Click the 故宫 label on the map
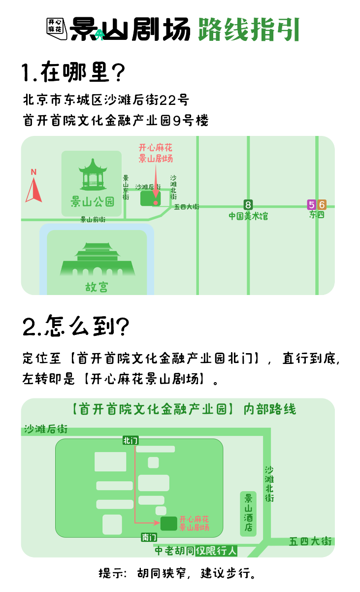point(97,287)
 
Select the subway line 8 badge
point(248,204)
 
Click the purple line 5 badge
point(311,204)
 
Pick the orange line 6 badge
point(322,204)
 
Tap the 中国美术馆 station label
point(248,216)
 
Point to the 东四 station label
point(317,215)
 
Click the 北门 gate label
point(131,440)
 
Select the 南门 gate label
point(149,537)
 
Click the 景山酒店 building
point(249,513)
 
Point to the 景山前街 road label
point(93,220)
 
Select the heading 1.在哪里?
point(74,73)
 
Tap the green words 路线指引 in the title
point(249,30)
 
